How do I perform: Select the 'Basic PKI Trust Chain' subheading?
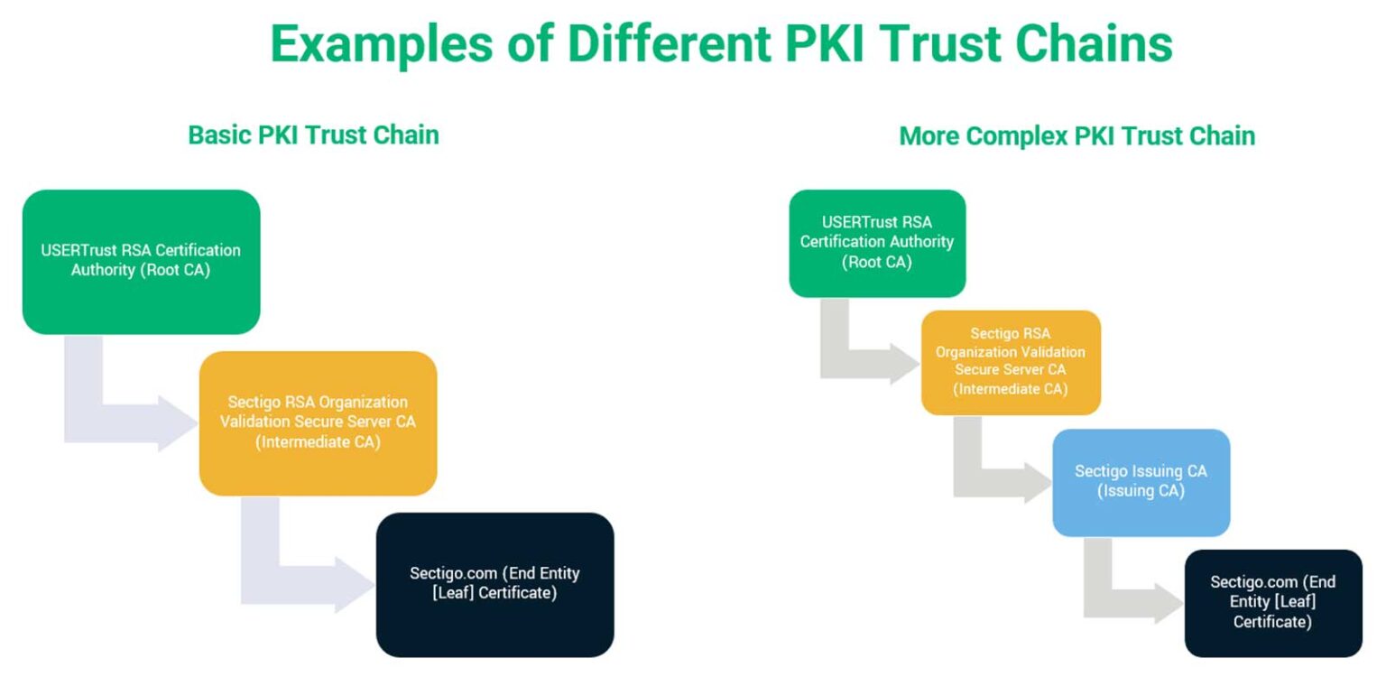(x=313, y=135)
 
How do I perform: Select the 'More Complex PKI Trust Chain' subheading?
(x=1076, y=136)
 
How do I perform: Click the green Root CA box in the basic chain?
(x=141, y=261)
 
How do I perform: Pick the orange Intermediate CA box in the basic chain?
(x=318, y=422)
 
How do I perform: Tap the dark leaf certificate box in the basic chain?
(x=494, y=584)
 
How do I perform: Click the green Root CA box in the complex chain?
(x=877, y=243)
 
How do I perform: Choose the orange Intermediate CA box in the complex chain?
(x=1011, y=362)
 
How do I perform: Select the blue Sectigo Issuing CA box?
(x=1141, y=482)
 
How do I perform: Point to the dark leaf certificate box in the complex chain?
(x=1272, y=603)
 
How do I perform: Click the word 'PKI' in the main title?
(x=809, y=42)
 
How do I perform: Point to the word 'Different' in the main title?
(x=643, y=42)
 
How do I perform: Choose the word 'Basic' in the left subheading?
(x=219, y=135)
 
